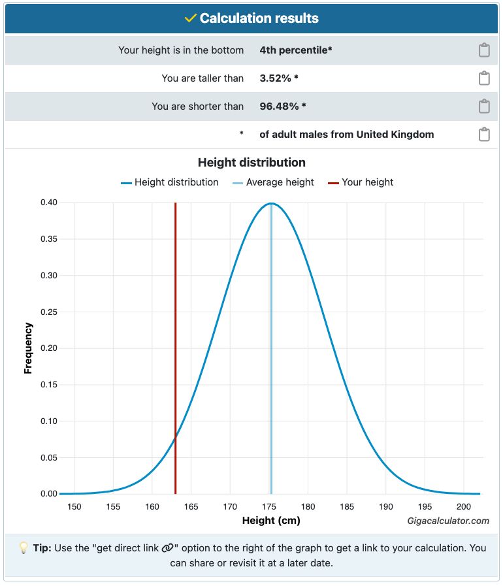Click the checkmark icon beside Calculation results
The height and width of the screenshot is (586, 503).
point(190,18)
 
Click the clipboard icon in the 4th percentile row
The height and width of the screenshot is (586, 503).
point(484,50)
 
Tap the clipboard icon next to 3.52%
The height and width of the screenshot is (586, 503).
point(484,78)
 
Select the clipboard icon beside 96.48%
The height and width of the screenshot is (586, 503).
point(484,106)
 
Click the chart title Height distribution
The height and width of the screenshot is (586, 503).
point(252,162)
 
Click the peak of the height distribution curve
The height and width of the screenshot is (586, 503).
point(271,204)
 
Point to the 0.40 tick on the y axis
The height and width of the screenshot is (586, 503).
point(49,203)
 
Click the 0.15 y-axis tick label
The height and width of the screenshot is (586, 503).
point(49,385)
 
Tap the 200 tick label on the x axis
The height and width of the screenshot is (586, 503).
point(464,507)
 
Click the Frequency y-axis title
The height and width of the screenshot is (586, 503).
point(28,348)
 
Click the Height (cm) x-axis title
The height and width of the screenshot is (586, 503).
point(271,521)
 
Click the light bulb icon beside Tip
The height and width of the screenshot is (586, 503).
point(23,547)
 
